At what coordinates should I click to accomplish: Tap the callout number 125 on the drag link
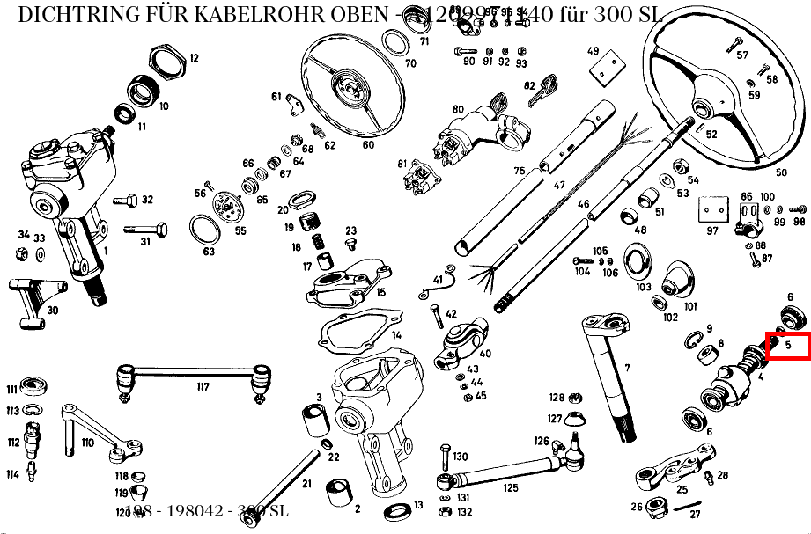tap(511, 487)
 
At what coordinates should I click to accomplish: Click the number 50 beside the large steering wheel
tap(781, 172)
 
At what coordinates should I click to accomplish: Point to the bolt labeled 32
tap(127, 201)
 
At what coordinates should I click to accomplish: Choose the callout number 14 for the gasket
tap(396, 335)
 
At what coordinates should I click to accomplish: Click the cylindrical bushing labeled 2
tap(337, 495)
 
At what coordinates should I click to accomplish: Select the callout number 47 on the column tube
tap(559, 186)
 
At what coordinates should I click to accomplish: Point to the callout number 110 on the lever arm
tap(87, 443)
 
